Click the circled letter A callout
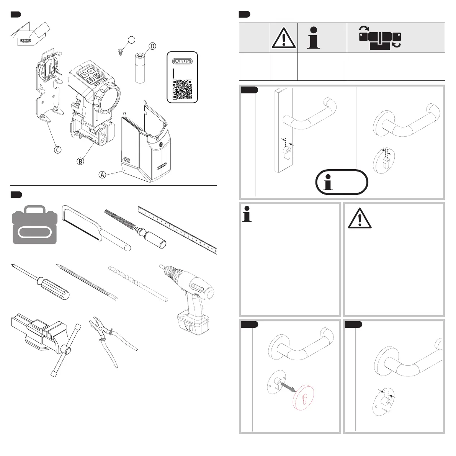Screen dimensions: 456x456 click(x=102, y=175)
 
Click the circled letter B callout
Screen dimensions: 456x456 click(x=80, y=161)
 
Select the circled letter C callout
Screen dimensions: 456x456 click(x=57, y=150)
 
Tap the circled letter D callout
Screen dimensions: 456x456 click(x=152, y=46)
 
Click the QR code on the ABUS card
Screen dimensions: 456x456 click(x=182, y=89)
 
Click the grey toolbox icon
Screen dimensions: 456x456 click(x=34, y=224)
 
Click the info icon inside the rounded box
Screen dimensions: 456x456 click(x=327, y=182)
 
